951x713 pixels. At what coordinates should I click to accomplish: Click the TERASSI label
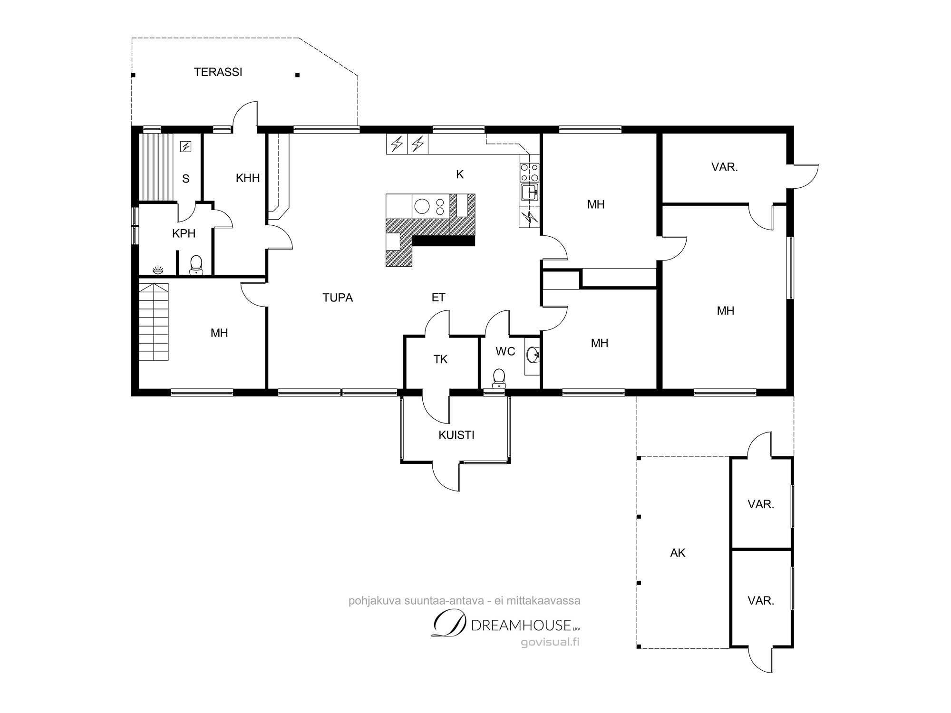point(218,72)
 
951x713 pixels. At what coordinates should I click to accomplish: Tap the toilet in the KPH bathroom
point(196,265)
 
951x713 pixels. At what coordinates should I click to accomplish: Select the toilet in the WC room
point(499,378)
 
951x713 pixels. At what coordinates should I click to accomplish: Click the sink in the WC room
point(533,354)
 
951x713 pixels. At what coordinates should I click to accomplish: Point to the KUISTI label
point(456,435)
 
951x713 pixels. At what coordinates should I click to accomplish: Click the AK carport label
point(678,553)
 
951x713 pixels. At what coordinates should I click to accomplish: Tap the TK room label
point(440,359)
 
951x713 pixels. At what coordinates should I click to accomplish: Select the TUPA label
point(338,298)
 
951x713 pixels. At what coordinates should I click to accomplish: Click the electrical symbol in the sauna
point(185,147)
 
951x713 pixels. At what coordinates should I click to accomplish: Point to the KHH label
point(248,178)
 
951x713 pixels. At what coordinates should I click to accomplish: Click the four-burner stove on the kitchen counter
point(529,172)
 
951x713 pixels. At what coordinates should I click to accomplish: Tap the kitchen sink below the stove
point(529,193)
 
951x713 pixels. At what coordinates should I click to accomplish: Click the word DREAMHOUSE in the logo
point(521,625)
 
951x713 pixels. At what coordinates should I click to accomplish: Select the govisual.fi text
point(550,643)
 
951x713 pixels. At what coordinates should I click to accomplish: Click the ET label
point(438,298)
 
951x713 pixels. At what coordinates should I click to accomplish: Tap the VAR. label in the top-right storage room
point(725,167)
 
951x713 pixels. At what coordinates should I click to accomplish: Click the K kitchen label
point(460,174)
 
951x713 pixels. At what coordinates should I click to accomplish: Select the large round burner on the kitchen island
point(421,206)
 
